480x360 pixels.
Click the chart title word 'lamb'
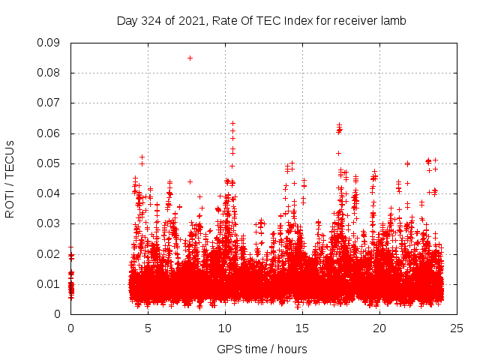click(x=392, y=21)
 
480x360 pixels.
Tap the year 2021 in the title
click(x=192, y=21)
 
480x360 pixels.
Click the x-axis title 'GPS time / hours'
click(x=262, y=349)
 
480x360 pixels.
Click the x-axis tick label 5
click(x=148, y=328)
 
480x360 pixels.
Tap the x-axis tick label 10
click(x=225, y=328)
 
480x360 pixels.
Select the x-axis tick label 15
click(x=302, y=328)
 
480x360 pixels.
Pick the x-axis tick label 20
click(x=379, y=328)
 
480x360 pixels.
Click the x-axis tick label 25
click(x=457, y=328)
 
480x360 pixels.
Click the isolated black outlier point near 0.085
click(x=190, y=58)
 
